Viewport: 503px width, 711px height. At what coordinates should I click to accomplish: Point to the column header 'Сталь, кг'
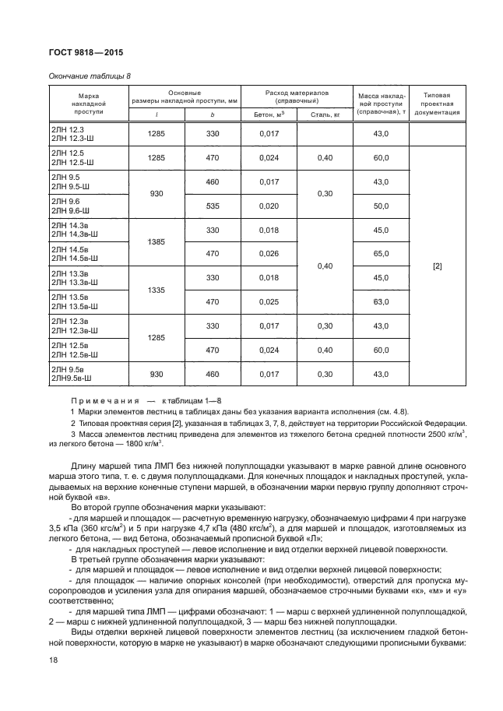325,114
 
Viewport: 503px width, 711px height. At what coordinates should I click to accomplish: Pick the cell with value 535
213,206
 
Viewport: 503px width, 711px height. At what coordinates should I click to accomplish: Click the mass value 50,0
381,206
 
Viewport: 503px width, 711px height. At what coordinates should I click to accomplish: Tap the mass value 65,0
381,253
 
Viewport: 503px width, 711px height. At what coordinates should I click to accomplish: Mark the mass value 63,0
381,301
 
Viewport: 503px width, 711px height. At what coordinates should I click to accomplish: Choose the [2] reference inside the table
437,266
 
